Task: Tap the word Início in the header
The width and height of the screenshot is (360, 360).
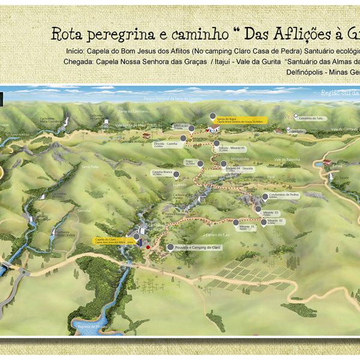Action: (x=72, y=50)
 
